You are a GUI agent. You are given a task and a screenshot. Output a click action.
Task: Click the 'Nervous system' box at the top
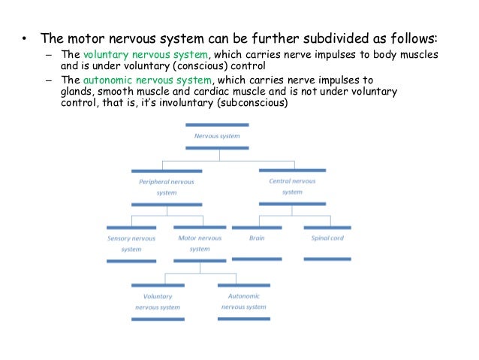[217, 137]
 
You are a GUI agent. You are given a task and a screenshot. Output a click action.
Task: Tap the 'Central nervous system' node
[291, 186]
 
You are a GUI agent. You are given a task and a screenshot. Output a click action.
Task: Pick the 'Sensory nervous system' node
[131, 244]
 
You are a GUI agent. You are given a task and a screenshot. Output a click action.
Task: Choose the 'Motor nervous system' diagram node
[200, 244]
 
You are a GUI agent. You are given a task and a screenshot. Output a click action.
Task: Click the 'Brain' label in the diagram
[257, 238]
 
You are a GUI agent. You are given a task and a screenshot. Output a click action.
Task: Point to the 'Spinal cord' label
[327, 238]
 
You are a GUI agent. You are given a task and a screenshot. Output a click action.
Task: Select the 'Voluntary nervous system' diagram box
[158, 301]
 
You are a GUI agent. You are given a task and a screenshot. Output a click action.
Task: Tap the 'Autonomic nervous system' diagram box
[244, 301]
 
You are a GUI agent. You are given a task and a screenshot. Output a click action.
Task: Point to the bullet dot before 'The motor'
[23, 39]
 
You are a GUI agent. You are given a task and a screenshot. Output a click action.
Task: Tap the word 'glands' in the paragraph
[77, 92]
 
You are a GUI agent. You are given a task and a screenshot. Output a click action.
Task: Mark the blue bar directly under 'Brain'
[257, 259]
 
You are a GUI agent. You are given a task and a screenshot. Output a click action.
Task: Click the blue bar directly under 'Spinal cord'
[327, 259]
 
